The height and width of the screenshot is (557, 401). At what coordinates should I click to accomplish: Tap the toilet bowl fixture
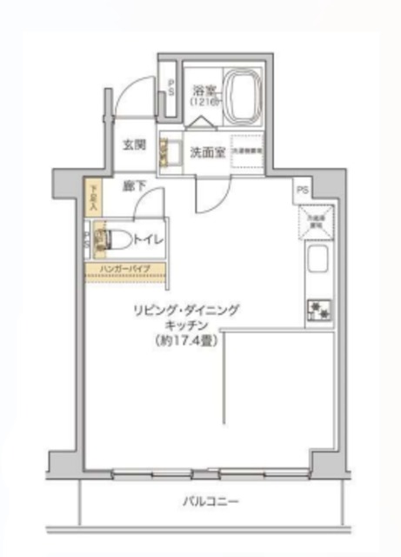(x=117, y=238)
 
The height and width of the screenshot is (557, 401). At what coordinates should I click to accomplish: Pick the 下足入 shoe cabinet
(x=94, y=197)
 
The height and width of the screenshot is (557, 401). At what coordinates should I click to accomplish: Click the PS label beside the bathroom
(x=171, y=86)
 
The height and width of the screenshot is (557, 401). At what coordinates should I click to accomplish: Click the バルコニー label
(x=210, y=503)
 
